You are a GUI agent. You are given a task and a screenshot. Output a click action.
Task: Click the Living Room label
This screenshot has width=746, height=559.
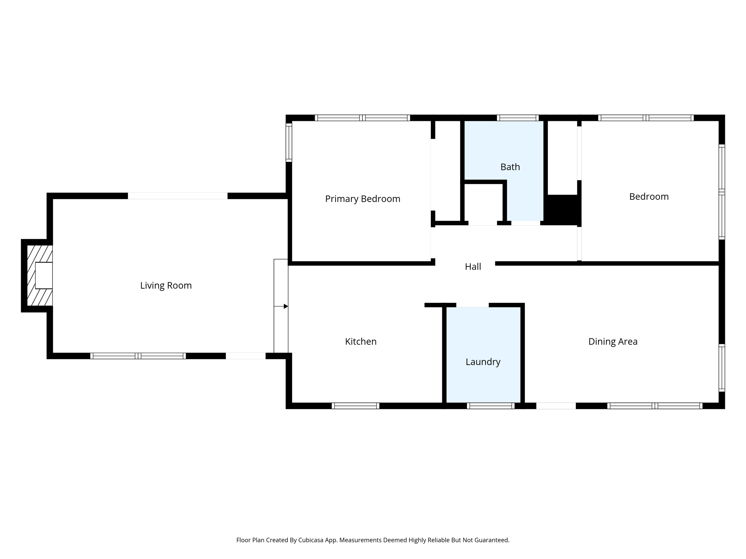click(x=166, y=285)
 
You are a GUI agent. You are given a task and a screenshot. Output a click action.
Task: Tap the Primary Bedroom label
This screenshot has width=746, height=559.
click(x=362, y=199)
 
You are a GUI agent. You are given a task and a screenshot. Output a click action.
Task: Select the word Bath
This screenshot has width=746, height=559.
click(x=510, y=167)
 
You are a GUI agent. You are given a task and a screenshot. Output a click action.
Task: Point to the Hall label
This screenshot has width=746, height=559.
click(x=473, y=267)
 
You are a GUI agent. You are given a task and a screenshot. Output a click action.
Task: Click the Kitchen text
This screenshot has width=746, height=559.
click(x=361, y=341)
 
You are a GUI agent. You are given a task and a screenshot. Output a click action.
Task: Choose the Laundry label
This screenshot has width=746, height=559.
click(x=483, y=362)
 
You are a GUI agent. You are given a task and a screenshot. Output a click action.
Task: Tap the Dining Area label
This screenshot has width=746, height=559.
click(x=613, y=341)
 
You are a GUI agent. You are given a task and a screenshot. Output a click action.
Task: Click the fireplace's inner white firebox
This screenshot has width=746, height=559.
click(x=44, y=275)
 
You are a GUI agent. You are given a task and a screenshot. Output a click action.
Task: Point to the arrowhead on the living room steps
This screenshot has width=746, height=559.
click(x=286, y=306)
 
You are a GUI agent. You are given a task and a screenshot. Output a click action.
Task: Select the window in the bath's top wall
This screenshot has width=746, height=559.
click(x=517, y=118)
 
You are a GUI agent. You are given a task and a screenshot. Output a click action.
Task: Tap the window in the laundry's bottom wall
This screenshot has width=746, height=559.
click(x=491, y=406)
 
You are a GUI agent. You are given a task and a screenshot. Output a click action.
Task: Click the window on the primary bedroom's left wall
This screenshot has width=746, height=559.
click(x=289, y=142)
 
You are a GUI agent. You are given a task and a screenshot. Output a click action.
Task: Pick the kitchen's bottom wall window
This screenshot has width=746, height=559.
click(x=355, y=406)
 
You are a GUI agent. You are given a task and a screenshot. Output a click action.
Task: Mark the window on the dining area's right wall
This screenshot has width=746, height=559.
click(x=722, y=368)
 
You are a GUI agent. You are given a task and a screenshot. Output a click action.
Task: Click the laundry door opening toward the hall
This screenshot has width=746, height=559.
click(x=472, y=305)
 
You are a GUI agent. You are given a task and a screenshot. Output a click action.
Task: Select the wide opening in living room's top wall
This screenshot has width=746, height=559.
click(x=177, y=196)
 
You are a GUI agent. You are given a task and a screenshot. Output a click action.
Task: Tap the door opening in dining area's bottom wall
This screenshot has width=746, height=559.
click(x=555, y=406)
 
